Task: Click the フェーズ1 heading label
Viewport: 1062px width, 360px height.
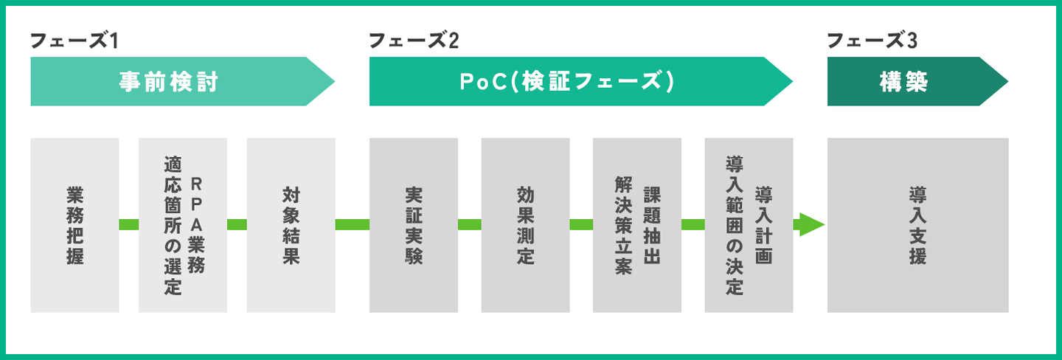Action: (x=74, y=41)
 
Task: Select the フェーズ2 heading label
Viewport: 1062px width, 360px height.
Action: (x=413, y=41)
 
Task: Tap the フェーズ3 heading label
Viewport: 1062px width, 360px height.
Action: (x=872, y=41)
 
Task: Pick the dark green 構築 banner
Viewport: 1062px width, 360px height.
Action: (x=907, y=82)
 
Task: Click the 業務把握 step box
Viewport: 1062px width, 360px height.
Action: (x=74, y=225)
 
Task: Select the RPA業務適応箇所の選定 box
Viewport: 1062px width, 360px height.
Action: (x=183, y=225)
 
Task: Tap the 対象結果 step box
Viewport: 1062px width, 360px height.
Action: (x=291, y=225)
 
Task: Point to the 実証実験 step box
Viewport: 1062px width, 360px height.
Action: (x=413, y=225)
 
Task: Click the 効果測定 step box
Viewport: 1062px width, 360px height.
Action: (x=525, y=225)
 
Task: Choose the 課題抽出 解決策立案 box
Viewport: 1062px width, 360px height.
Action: (x=636, y=225)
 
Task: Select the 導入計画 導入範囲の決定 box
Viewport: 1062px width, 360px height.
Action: (x=749, y=225)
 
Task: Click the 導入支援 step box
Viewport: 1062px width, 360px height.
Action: (x=917, y=225)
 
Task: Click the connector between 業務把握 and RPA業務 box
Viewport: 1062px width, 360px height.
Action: (x=129, y=224)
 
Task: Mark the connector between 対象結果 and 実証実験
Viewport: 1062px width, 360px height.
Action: (x=353, y=224)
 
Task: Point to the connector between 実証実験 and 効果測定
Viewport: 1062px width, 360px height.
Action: (x=469, y=224)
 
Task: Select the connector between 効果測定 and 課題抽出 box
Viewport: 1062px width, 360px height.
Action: (x=581, y=224)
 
